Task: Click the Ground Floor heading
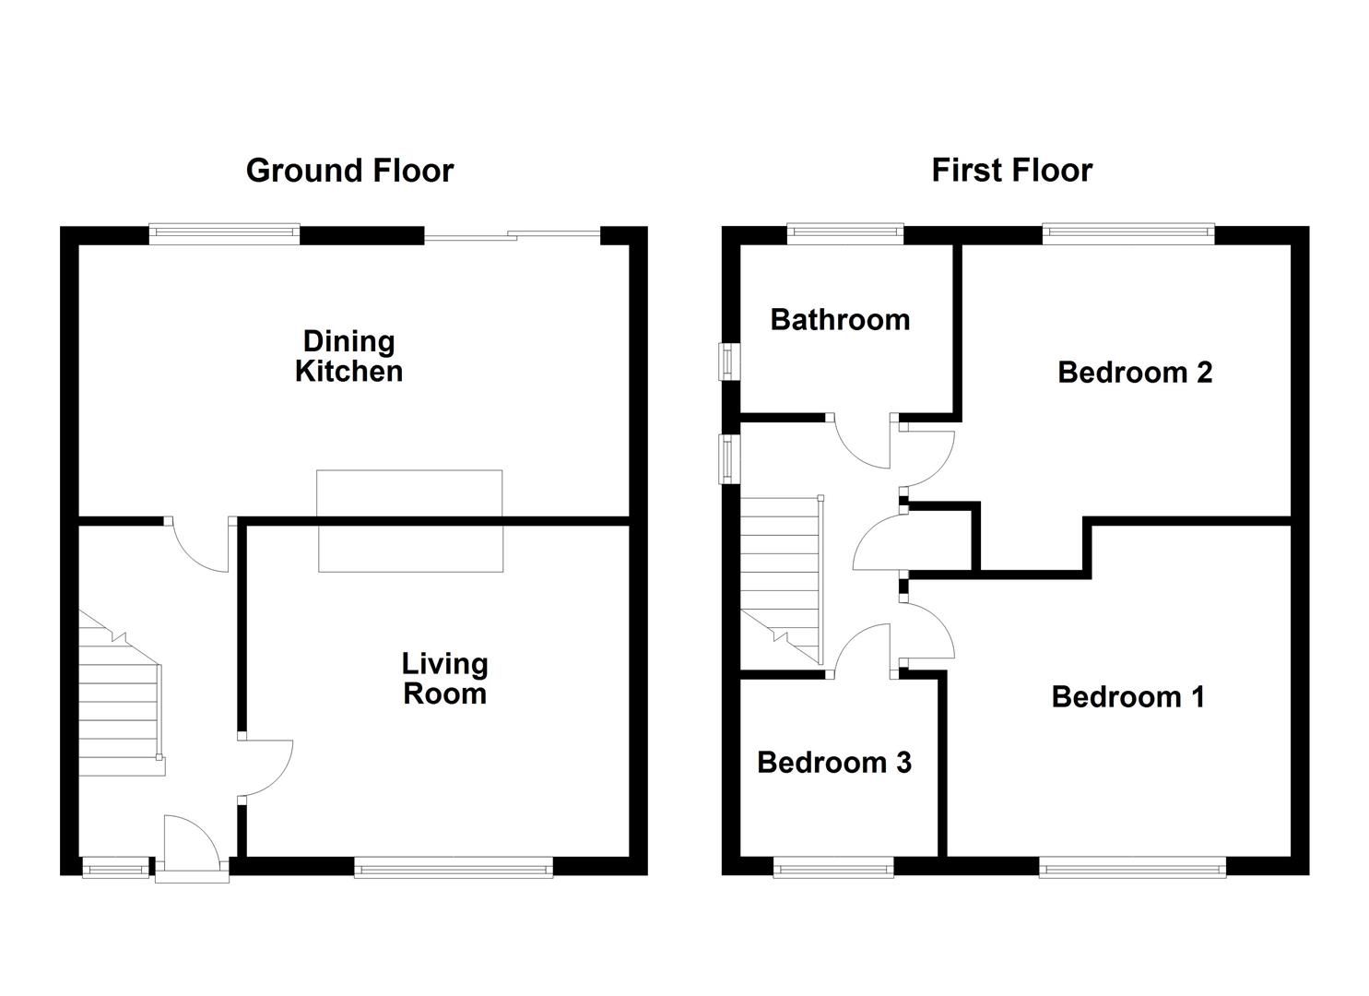tap(349, 171)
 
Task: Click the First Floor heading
tap(1011, 171)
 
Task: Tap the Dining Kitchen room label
tap(348, 356)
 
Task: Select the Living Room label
tap(444, 678)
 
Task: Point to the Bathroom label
tap(840, 320)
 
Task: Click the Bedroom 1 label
tap(1127, 696)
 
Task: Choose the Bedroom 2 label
tap(1134, 373)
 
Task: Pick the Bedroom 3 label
tap(833, 763)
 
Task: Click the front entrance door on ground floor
tap(191, 843)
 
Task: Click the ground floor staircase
tap(120, 701)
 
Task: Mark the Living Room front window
tap(453, 866)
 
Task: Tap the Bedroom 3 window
tap(832, 866)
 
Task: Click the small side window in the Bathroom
tap(730, 361)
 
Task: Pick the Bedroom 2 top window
tap(1128, 234)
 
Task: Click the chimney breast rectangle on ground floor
tap(410, 520)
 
